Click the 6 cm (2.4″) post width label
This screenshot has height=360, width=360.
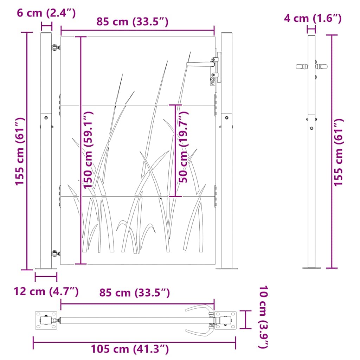46,13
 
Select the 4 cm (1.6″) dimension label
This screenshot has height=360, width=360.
313,18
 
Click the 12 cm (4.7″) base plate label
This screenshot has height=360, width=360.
46,291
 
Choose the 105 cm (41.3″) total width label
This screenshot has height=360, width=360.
130,349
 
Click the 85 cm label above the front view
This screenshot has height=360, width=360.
133,22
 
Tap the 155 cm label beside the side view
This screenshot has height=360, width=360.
338,152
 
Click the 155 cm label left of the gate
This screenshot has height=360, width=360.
20,151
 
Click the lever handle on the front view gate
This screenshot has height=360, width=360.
200,64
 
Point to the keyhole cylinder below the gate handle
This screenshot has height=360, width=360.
213,82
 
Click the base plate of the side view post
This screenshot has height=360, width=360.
311,268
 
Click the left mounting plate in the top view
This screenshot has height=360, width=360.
46,320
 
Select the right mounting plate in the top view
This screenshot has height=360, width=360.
225,320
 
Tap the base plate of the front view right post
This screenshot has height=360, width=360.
226,269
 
